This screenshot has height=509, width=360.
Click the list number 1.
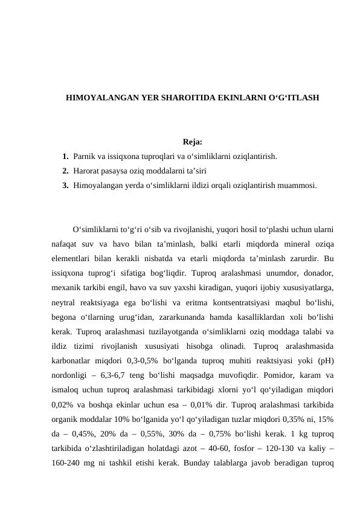pos(65,157)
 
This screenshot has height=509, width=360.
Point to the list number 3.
pos(65,185)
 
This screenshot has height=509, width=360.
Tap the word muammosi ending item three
pos(297,185)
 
